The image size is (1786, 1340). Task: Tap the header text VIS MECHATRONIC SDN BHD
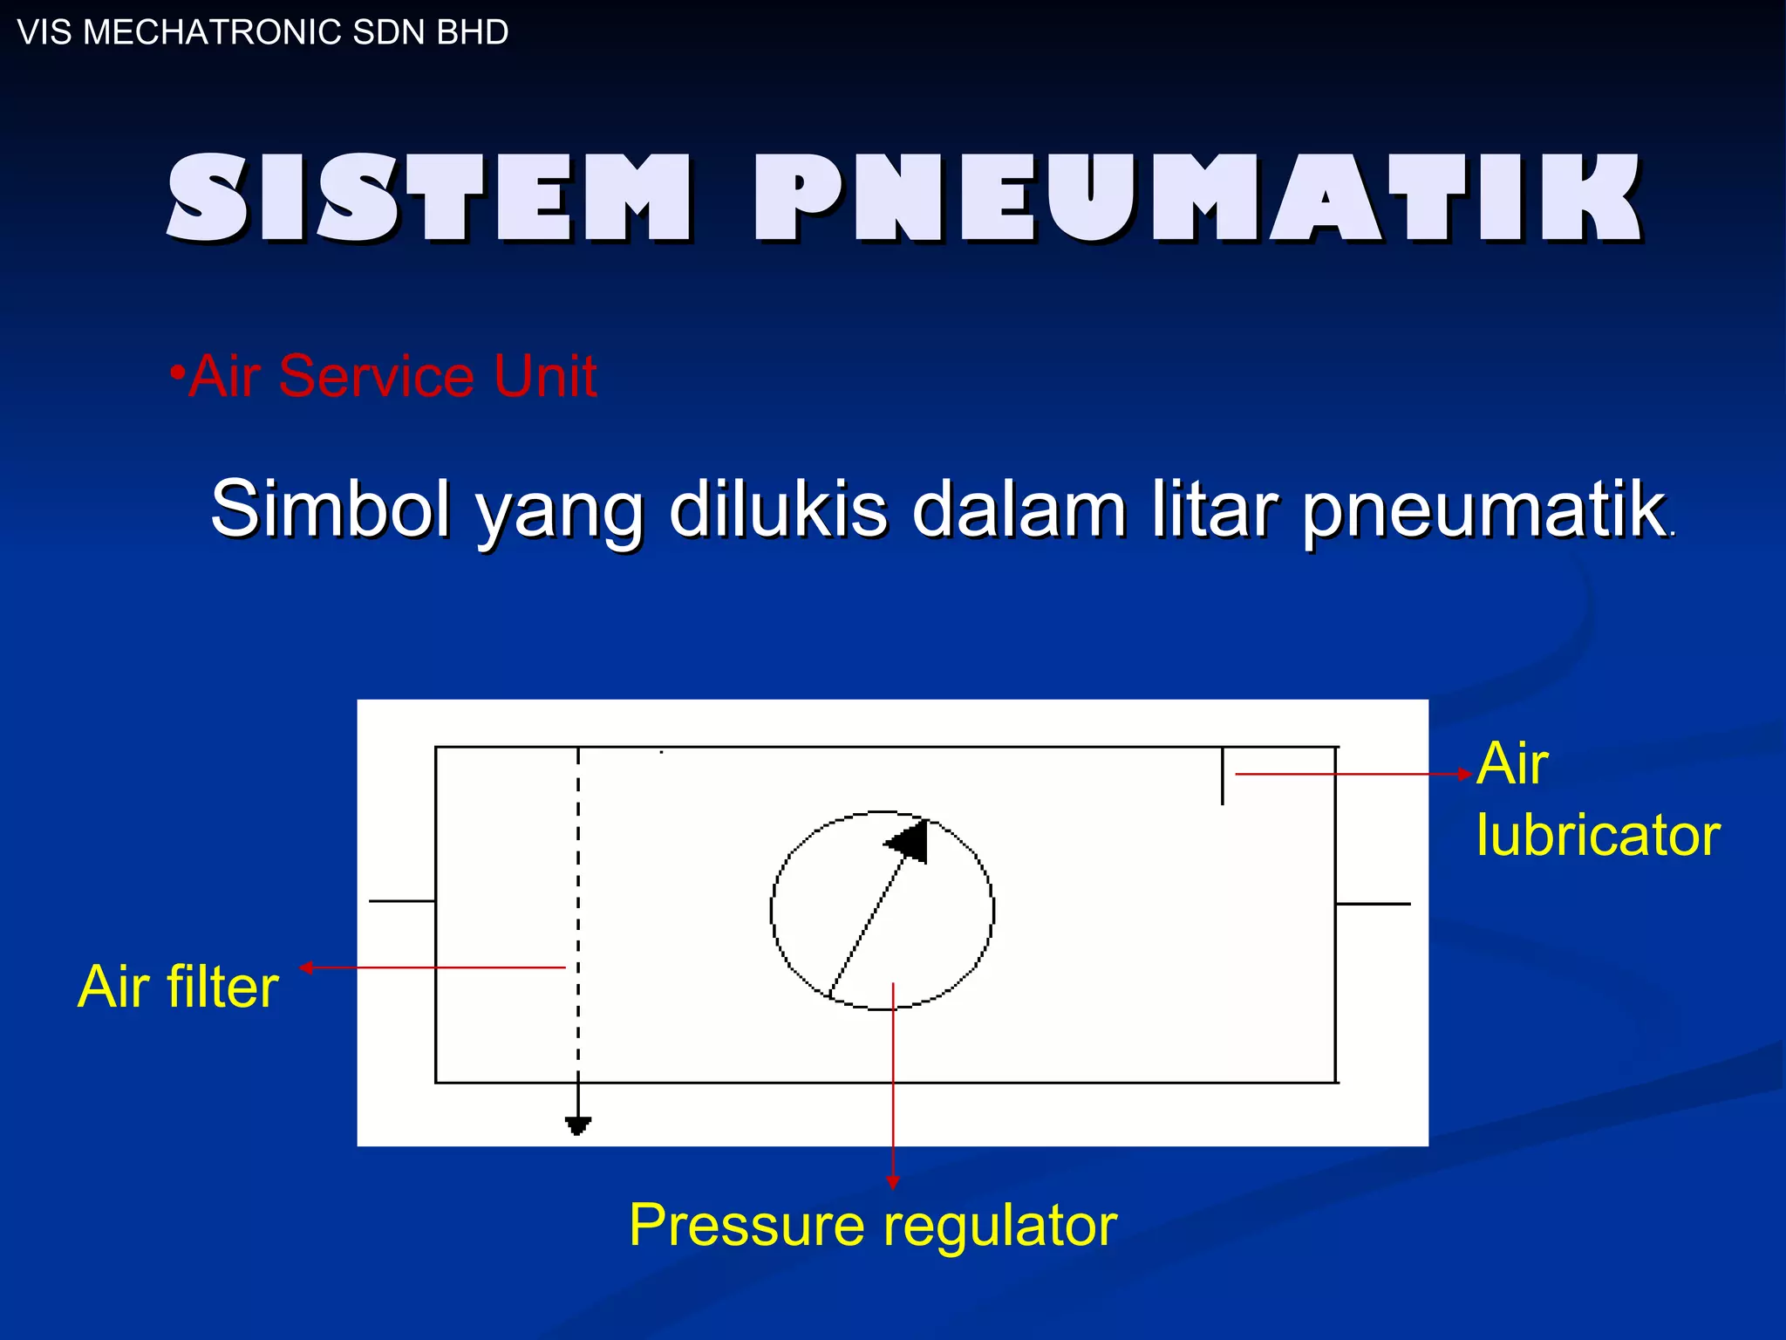coord(262,32)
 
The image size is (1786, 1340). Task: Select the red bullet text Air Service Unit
coord(392,376)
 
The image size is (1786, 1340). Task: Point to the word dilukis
coord(778,509)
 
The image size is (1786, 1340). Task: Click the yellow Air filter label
coord(178,987)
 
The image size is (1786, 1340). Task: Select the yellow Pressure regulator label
coord(873,1225)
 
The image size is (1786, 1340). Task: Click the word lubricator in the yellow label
coord(1598,835)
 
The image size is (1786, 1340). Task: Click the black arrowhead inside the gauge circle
coord(910,841)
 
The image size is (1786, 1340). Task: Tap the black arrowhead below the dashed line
coord(577,1125)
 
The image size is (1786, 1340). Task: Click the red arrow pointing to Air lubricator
coord(1352,774)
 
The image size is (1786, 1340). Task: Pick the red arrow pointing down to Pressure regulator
coord(892,1090)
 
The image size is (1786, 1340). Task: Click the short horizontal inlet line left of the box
coord(402,900)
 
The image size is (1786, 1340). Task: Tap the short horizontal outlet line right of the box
coord(1374,904)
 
